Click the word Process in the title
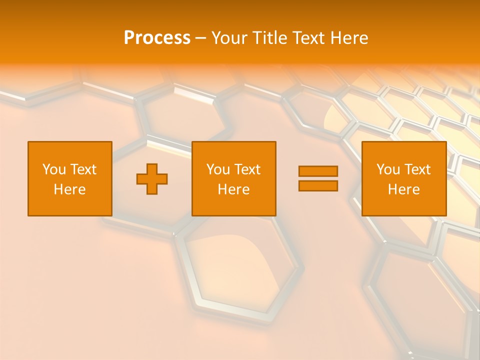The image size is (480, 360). coord(157,38)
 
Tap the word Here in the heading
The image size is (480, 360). coord(348,38)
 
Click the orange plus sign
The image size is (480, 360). coord(152,178)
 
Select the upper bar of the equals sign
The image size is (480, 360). coord(318,171)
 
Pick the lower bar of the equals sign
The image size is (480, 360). coord(318,186)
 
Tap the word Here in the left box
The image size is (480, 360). coord(69,189)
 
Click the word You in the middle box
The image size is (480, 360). coord(217,169)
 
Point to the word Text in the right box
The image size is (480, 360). coord(417,169)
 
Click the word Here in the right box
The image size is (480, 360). coord(403,189)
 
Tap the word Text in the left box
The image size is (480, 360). coord(83,169)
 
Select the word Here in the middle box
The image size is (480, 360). coord(233,189)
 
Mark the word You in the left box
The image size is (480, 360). coord(53,169)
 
